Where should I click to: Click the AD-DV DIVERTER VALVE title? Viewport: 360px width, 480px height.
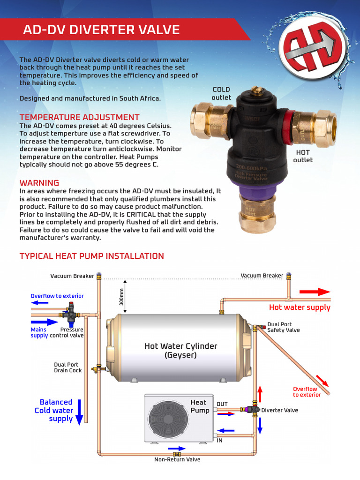[x=102, y=30]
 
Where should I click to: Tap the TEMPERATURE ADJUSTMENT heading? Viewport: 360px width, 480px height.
[x=79, y=117]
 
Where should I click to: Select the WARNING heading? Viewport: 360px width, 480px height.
[x=39, y=183]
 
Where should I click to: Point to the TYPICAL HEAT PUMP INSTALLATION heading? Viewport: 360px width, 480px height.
[x=91, y=256]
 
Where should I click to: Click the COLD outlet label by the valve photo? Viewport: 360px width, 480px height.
[x=221, y=93]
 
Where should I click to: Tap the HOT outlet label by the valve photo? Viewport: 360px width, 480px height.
[x=303, y=156]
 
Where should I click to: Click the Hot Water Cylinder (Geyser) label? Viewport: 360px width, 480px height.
[x=180, y=351]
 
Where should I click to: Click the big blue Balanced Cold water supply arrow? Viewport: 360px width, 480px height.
[x=79, y=412]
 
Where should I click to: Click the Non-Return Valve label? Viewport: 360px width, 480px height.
[x=177, y=459]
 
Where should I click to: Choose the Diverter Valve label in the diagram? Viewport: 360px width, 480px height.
[x=279, y=410]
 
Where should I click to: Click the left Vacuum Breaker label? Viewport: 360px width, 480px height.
[x=72, y=276]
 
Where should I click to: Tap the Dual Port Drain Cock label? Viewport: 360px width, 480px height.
[x=68, y=367]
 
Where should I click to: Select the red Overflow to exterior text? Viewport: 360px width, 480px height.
[x=307, y=392]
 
